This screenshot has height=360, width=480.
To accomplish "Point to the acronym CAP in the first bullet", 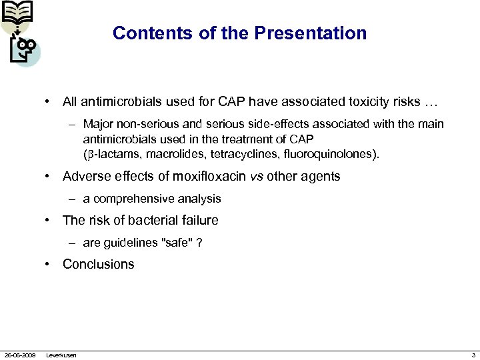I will [x=233, y=102].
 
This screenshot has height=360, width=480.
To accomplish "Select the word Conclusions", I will [x=98, y=264].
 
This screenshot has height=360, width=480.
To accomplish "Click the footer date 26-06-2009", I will [x=20, y=355].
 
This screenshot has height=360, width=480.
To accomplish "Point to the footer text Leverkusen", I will [x=61, y=355].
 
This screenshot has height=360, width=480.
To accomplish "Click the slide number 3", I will [x=473, y=355].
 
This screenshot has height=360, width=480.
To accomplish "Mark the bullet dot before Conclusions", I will [x=48, y=264].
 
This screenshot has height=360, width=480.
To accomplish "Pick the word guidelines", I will [x=129, y=243].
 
